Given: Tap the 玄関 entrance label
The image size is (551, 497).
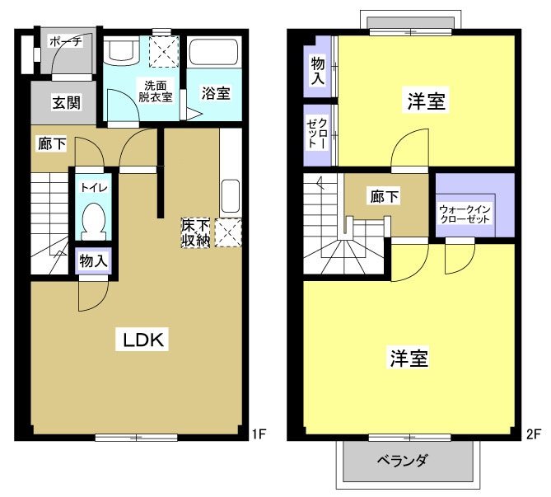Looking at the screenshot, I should (x=66, y=103).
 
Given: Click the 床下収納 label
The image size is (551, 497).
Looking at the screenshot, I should (x=194, y=232).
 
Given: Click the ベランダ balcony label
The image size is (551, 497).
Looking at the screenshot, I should (x=403, y=460).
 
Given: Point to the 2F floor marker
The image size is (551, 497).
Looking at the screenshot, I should (x=533, y=433).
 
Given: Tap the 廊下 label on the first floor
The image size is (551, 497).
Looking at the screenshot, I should (x=51, y=144).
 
